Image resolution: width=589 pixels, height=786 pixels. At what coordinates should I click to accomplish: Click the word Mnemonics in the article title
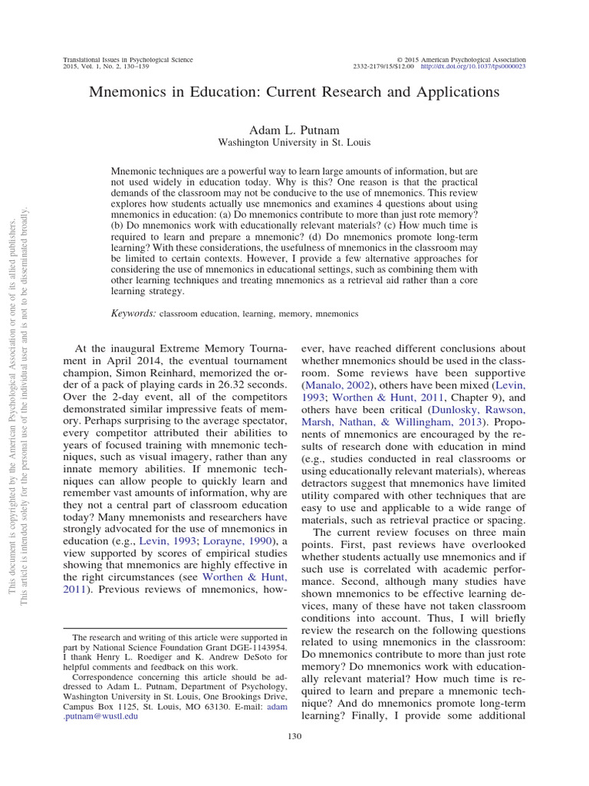(x=131, y=92)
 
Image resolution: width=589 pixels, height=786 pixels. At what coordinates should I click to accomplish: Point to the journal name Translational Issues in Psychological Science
(x=127, y=59)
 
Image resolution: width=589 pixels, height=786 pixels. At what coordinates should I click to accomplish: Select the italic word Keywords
(x=134, y=313)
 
